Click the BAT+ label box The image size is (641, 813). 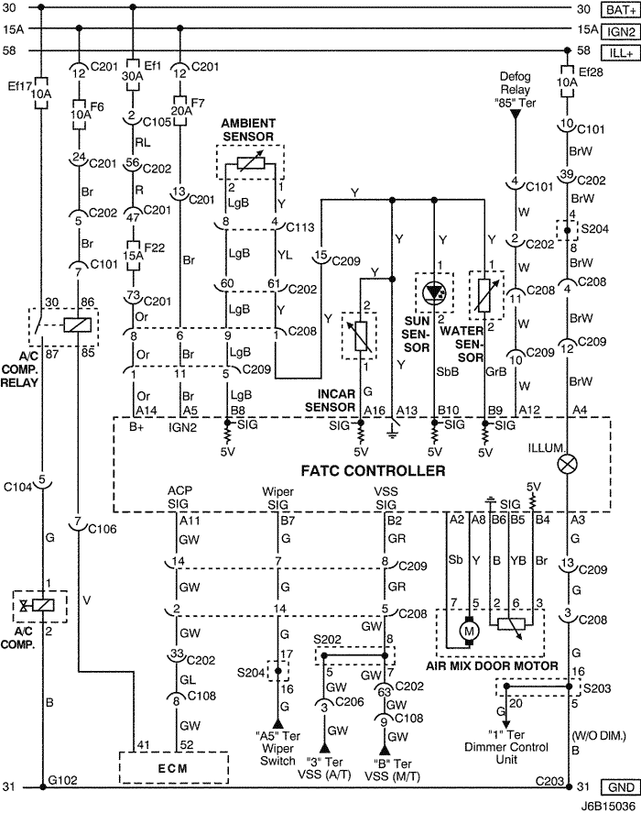tap(617, 9)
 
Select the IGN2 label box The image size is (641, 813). tap(617, 30)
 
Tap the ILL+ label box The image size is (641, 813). tap(617, 51)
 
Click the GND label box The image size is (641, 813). tap(617, 787)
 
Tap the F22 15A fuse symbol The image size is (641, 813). tap(133, 247)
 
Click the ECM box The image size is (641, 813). tap(173, 767)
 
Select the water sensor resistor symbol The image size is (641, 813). tap(483, 292)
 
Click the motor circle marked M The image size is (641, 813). tap(471, 632)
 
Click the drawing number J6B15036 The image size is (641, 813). tap(604, 805)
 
